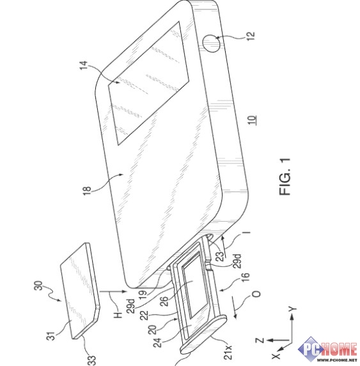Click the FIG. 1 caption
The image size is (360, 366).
[285, 177]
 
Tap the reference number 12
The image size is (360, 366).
[250, 36]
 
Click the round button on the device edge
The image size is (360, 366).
[211, 43]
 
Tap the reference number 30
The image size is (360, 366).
[39, 286]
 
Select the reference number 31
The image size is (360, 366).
[52, 335]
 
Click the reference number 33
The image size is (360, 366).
[91, 360]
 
